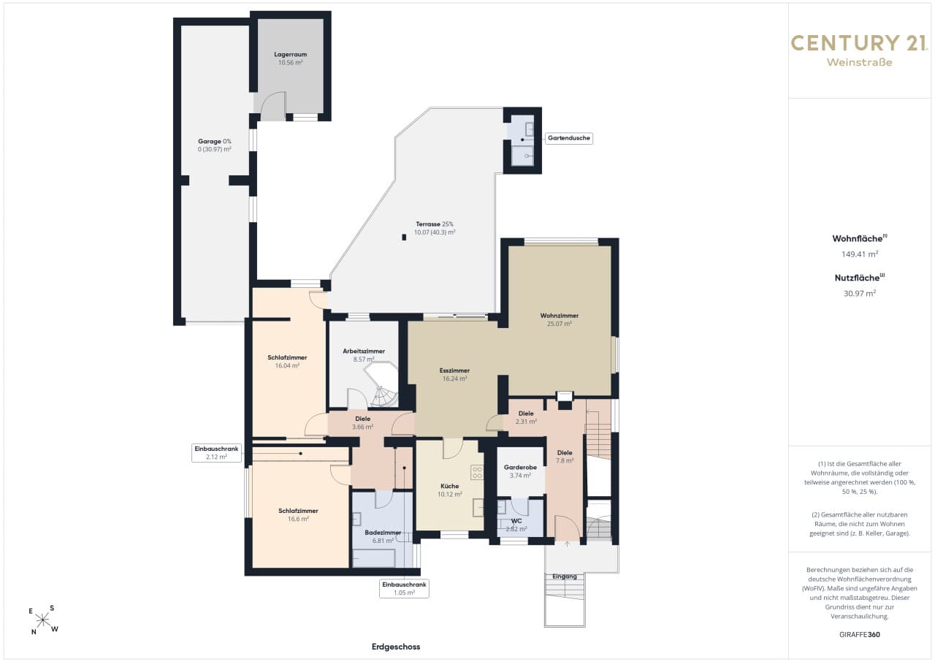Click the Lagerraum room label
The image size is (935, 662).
291,54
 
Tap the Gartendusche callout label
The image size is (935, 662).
569,138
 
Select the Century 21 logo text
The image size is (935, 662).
860,43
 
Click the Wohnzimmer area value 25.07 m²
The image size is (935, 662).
560,324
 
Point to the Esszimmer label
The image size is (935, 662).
454,370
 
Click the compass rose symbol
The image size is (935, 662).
43,620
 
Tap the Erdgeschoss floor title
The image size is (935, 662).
396,647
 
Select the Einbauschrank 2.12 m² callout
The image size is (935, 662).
216,453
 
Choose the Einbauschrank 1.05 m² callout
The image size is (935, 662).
404,588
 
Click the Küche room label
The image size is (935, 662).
449,486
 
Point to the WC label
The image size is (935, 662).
516,521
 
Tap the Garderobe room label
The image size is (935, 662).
520,467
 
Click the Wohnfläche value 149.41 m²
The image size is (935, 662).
860,254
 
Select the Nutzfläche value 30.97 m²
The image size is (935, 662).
860,293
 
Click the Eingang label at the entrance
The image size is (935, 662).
565,577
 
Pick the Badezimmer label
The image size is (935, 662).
383,533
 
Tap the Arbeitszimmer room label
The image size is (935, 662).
364,351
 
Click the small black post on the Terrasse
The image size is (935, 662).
404,237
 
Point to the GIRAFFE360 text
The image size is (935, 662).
860,634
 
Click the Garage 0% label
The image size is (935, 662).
215,141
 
